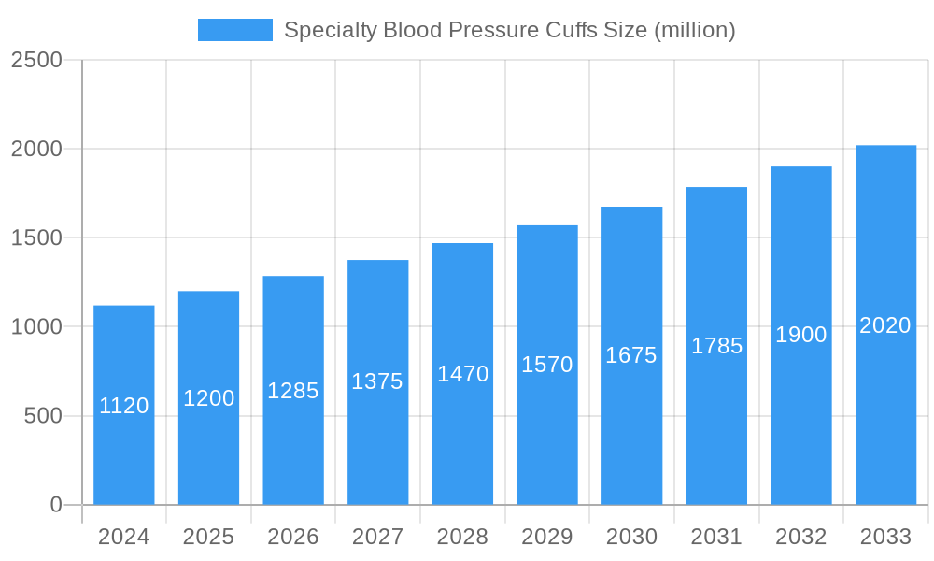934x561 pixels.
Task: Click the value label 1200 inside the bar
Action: (x=208, y=398)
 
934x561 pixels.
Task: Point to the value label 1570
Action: (x=547, y=365)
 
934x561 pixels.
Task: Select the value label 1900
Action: (x=801, y=335)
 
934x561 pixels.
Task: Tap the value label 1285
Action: (x=293, y=391)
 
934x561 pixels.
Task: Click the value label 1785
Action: (x=716, y=346)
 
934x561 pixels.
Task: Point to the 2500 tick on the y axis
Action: (x=36, y=60)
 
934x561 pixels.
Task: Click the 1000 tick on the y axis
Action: (x=36, y=327)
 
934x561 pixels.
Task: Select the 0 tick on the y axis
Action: (x=55, y=505)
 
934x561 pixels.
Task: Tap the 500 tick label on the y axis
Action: (x=43, y=416)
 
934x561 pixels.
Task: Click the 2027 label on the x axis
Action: (x=377, y=537)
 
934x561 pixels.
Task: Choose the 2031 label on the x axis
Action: (x=716, y=537)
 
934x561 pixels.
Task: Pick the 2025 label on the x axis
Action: (x=208, y=537)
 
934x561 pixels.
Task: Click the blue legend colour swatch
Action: (x=234, y=30)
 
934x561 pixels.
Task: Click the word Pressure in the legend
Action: (x=491, y=30)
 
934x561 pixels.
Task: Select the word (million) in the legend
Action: (x=694, y=30)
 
